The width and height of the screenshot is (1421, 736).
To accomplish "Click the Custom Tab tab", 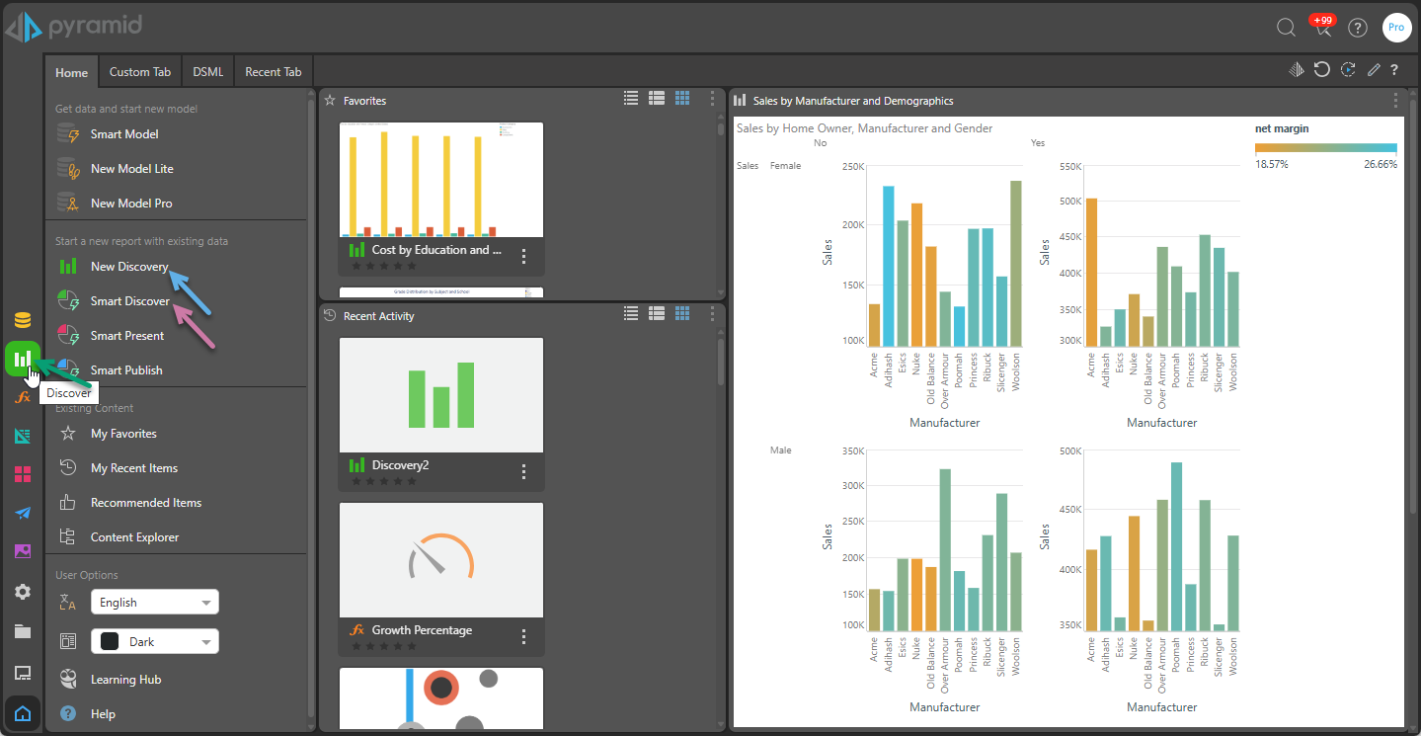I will click(x=139, y=72).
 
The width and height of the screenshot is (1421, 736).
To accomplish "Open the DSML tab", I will click(x=207, y=72).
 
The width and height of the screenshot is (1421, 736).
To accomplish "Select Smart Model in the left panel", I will click(x=124, y=134).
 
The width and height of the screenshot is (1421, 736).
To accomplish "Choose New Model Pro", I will click(x=131, y=204).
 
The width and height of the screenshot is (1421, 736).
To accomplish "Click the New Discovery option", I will click(x=129, y=267).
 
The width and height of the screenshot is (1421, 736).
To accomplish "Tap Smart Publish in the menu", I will click(x=126, y=370).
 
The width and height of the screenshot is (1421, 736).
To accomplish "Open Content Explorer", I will click(x=134, y=537).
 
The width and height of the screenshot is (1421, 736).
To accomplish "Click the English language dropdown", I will click(x=155, y=603).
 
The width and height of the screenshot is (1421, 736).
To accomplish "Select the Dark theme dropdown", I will click(x=155, y=642).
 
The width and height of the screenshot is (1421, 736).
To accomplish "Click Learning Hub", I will click(x=125, y=680).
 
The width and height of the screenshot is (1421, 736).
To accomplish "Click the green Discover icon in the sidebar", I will click(x=22, y=359).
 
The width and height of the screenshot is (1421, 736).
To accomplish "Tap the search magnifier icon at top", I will click(x=1286, y=28).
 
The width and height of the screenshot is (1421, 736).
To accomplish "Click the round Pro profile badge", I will click(x=1396, y=28).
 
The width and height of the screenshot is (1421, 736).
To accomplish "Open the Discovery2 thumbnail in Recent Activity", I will click(x=441, y=395).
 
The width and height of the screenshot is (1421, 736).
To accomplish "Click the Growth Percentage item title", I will click(x=422, y=630).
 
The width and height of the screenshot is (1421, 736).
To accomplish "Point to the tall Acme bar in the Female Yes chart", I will click(x=1091, y=272).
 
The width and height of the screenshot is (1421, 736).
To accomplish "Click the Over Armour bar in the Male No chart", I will click(x=945, y=549).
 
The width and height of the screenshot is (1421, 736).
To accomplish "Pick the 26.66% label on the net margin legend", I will click(x=1381, y=165).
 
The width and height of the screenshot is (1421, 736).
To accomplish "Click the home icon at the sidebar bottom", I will click(x=23, y=713).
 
